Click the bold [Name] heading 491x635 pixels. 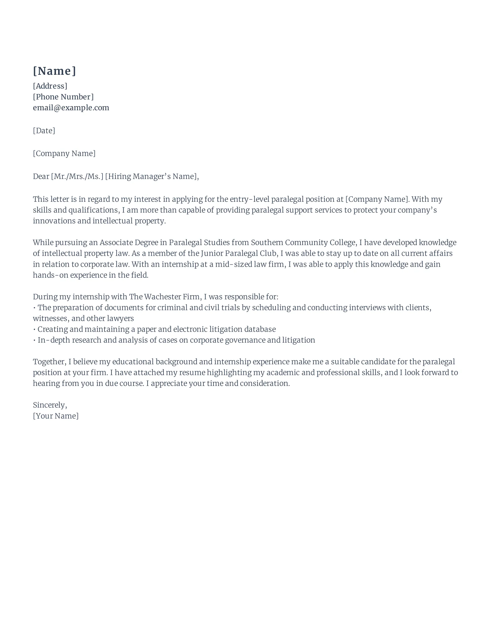[54, 71]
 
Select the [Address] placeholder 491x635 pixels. [50, 86]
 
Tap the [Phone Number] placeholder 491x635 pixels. [63, 97]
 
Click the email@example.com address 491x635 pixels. [71, 108]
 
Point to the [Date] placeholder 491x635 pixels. [44, 130]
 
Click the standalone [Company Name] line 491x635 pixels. [64, 153]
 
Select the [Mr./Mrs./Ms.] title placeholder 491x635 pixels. [77, 176]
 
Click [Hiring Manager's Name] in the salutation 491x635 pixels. [152, 176]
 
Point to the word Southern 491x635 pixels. [267, 242]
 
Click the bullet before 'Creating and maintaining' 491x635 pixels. [34, 329]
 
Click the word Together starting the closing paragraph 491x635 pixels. [49, 362]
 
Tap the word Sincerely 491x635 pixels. [50, 405]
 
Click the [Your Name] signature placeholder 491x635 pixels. [55, 416]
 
